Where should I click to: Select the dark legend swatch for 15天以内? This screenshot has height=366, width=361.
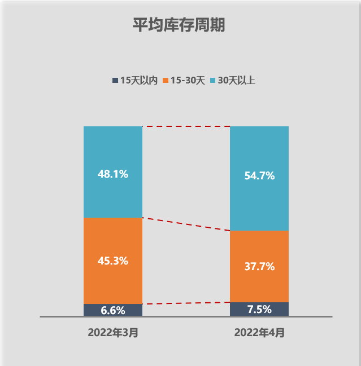(115, 81)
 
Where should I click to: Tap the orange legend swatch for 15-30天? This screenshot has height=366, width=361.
(166, 81)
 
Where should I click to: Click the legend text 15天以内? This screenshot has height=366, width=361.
(138, 81)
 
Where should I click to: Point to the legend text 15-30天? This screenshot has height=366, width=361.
(188, 81)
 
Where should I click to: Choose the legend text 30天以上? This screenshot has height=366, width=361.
(236, 81)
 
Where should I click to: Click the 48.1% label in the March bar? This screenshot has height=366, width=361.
(113, 174)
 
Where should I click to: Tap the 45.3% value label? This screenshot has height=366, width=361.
(113, 261)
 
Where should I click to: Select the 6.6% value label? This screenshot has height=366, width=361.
(113, 311)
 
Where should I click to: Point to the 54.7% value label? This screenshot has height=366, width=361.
(259, 176)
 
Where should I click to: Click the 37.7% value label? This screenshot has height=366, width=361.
(259, 267)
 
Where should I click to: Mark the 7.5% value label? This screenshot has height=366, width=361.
(259, 309)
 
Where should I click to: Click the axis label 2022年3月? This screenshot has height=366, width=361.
(113, 333)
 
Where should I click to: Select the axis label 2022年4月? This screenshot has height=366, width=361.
(259, 333)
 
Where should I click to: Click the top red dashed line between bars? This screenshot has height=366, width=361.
(186, 126)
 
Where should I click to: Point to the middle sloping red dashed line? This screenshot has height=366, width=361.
(186, 224)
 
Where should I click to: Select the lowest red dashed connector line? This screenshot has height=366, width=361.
(186, 303)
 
